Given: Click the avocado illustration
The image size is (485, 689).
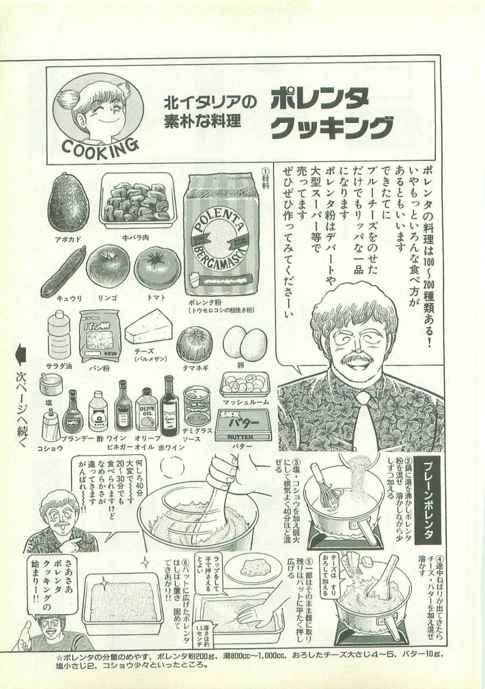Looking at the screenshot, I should [68, 202].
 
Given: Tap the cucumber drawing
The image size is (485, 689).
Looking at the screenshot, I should [63, 272].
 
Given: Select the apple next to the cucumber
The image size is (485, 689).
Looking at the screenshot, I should [108, 266].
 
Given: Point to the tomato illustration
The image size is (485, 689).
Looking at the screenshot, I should [157, 268].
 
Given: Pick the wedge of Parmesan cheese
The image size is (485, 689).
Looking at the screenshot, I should [148, 327].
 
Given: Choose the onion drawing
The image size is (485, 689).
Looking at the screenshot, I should [194, 344].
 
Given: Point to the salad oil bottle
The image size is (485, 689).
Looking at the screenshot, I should [58, 334].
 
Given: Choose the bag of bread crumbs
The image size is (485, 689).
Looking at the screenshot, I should [100, 335].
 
